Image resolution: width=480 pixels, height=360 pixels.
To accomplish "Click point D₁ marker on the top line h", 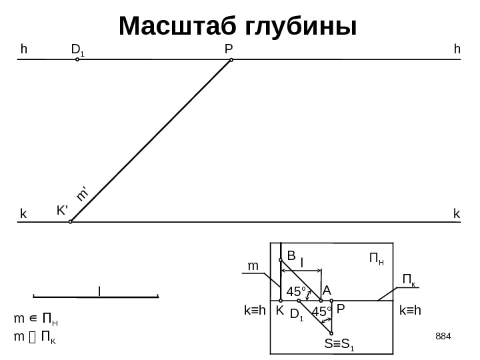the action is point(77,59).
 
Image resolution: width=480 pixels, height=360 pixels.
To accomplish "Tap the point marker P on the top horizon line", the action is point(231,60).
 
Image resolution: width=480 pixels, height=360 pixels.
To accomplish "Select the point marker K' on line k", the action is point(71,222).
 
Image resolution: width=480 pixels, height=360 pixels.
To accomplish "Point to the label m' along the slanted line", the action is point(83,194).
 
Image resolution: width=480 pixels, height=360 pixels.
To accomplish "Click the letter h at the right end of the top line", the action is point(457,49).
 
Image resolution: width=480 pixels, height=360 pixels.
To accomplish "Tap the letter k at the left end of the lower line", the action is point(23,215).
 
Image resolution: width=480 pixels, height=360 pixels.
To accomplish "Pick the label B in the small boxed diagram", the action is point(291,255).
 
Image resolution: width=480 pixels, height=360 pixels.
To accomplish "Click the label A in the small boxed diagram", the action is point(326,291).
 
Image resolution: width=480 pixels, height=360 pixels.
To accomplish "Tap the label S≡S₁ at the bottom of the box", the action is point(339,345).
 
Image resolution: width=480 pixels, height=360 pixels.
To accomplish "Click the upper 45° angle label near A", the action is point(296,291).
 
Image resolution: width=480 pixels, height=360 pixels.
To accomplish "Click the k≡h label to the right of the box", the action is point(413,311).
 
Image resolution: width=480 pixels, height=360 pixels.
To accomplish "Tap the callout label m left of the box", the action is point(253,266).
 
